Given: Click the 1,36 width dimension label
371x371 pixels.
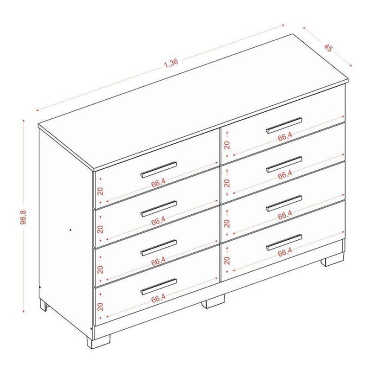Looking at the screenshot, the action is pyautogui.click(x=171, y=63).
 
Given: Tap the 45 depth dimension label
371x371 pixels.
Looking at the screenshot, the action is pyautogui.click(x=328, y=47).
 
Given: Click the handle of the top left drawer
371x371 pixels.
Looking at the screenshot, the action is pyautogui.click(x=159, y=169).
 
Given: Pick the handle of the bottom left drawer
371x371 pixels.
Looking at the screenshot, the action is pyautogui.click(x=159, y=287).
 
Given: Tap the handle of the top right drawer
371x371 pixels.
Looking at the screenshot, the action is pyautogui.click(x=284, y=125).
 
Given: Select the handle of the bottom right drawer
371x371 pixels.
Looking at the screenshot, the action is pyautogui.click(x=284, y=242).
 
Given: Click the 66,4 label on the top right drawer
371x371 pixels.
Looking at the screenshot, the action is pyautogui.click(x=285, y=137).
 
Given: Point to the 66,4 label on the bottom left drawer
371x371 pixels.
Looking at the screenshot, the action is pyautogui.click(x=158, y=299).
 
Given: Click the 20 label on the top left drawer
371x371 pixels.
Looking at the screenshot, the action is pyautogui.click(x=101, y=191).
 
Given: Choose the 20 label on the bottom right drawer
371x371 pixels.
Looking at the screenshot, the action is pyautogui.click(x=227, y=260).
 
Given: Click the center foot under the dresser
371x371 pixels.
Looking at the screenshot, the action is pyautogui.click(x=213, y=301).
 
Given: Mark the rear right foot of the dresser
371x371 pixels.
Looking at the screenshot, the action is pyautogui.click(x=332, y=260).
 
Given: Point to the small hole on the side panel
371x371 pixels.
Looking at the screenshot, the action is pyautogui.click(x=70, y=229).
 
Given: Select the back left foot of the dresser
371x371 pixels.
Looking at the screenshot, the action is pyautogui.click(x=44, y=305).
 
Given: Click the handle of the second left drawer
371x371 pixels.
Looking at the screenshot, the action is pyautogui.click(x=159, y=209).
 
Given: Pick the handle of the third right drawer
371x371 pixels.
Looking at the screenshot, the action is pyautogui.click(x=284, y=203).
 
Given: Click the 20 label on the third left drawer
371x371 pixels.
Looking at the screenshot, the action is pyautogui.click(x=101, y=269).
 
